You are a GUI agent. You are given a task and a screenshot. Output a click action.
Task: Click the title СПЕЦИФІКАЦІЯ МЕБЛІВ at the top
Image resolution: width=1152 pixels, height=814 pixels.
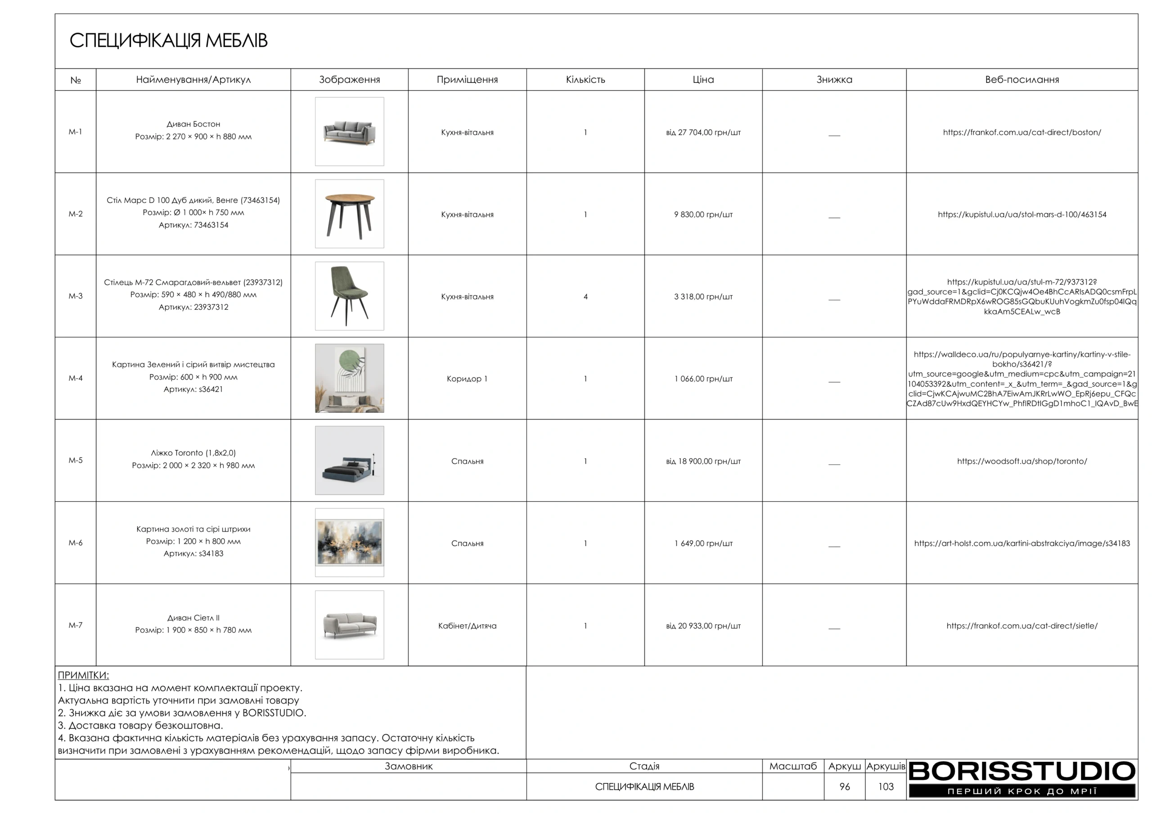pyautogui.click(x=168, y=40)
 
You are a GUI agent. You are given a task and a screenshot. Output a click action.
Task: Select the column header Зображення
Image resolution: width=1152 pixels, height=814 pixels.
pyautogui.click(x=349, y=80)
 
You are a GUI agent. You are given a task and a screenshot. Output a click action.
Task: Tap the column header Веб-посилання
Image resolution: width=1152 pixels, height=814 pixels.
pyautogui.click(x=1021, y=80)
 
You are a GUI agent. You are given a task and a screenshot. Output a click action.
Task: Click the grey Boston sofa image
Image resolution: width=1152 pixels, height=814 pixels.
pyautogui.click(x=349, y=132)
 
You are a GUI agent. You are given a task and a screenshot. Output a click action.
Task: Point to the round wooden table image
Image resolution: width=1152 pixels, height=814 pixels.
pyautogui.click(x=349, y=214)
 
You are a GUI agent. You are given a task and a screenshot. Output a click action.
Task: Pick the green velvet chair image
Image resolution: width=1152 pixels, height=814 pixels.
pyautogui.click(x=349, y=296)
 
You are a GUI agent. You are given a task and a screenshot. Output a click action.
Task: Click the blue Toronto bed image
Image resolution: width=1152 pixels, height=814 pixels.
pyautogui.click(x=349, y=461)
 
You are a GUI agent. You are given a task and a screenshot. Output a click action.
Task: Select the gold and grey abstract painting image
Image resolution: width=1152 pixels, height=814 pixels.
pyautogui.click(x=349, y=543)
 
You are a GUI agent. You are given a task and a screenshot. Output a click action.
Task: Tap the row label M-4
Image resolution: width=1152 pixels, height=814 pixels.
pyautogui.click(x=75, y=378)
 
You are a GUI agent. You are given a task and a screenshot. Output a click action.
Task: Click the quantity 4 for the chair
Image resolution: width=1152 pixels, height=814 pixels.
pyautogui.click(x=585, y=297)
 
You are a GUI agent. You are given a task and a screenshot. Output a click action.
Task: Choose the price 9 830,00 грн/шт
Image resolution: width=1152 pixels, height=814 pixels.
pyautogui.click(x=703, y=215)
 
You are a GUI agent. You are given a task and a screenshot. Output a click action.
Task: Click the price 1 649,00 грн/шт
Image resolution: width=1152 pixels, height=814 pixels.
pyautogui.click(x=703, y=543)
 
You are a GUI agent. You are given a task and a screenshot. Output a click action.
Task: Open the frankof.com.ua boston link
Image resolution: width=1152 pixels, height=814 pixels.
pyautogui.click(x=1021, y=132)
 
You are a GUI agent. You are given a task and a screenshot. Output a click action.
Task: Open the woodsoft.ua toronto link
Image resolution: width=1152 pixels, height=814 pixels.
pyautogui.click(x=1021, y=461)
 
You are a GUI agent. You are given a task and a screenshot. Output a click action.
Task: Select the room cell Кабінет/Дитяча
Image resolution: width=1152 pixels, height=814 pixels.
pyautogui.click(x=467, y=626)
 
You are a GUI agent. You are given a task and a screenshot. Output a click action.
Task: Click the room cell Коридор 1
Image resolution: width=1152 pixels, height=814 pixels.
pyautogui.click(x=467, y=379)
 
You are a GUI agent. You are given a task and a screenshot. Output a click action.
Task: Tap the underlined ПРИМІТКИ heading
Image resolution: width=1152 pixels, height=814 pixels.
pyautogui.click(x=83, y=675)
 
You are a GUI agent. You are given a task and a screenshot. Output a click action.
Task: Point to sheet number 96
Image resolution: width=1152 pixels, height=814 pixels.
pyautogui.click(x=845, y=787)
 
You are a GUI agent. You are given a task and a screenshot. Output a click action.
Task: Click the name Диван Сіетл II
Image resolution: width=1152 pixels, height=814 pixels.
pyautogui.click(x=193, y=618)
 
